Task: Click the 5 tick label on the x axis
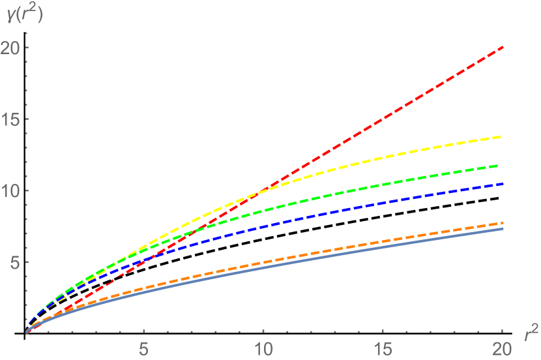pos(145,348)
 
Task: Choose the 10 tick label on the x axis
pos(263,348)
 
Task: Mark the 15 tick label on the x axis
pos(383,348)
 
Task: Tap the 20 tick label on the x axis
pos(502,348)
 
